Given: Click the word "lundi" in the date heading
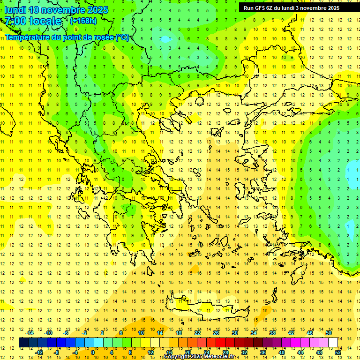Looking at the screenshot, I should point(15,10).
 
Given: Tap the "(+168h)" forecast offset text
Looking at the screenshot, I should point(83,21).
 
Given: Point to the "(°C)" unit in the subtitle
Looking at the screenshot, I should point(122,37).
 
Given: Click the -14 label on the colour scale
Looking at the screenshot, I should point(30,333).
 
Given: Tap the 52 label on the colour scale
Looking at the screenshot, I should point(338,352).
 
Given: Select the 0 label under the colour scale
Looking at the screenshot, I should point(92,352).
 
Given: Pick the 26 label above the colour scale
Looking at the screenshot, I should point(216,333).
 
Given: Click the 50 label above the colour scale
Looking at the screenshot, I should point(328,333).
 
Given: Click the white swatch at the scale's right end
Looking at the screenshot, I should point(333,343).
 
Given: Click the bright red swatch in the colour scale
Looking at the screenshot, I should point(221,343).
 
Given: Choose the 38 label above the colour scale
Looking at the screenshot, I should point(272,333).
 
